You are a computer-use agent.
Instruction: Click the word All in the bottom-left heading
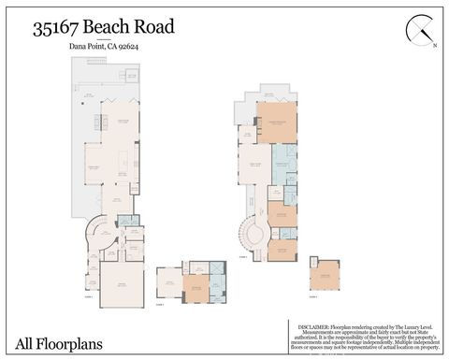coord(25,343)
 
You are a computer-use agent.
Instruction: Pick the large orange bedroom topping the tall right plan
coord(276,122)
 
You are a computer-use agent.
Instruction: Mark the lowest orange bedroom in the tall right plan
coord(282,249)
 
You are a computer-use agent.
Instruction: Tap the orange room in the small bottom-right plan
coord(325,274)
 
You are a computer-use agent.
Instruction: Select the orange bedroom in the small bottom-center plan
coord(196,288)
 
